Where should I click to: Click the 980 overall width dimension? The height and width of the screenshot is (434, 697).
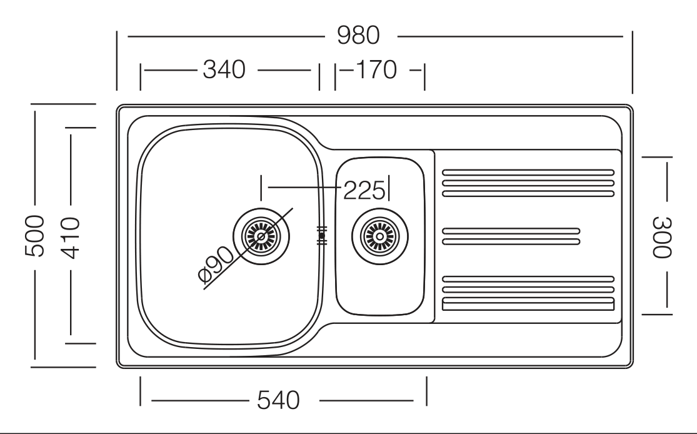click(x=358, y=36)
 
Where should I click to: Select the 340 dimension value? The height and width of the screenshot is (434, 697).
click(x=224, y=70)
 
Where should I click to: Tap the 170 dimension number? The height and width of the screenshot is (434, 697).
click(x=376, y=70)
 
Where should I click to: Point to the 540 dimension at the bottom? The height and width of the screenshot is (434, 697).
click(x=279, y=400)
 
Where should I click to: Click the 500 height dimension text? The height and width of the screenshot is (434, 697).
click(x=34, y=236)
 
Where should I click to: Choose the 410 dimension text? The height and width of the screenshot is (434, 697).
click(x=70, y=238)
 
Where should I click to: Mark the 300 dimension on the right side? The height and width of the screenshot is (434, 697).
click(x=662, y=237)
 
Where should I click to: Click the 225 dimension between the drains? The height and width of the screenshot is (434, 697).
click(x=364, y=191)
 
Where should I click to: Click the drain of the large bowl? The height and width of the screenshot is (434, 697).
click(x=261, y=236)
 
